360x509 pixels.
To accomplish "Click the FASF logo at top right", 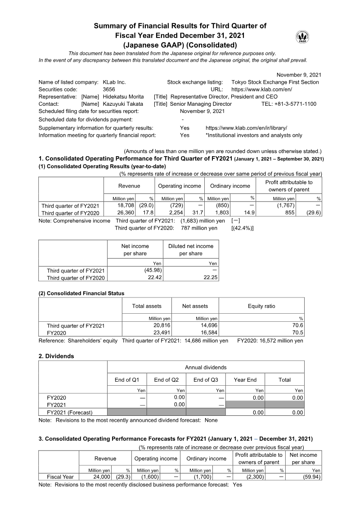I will click(302, 38).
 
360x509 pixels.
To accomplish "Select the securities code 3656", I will click(110, 90).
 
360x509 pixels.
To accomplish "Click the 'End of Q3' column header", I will click(206, 380).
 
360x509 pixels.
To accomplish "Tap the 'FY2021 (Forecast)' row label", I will click(70, 412).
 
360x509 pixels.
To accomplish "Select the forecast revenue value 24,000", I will click(102, 477).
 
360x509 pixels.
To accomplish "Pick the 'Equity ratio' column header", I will click(261, 306).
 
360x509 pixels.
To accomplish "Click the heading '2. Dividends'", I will click(56, 356).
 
